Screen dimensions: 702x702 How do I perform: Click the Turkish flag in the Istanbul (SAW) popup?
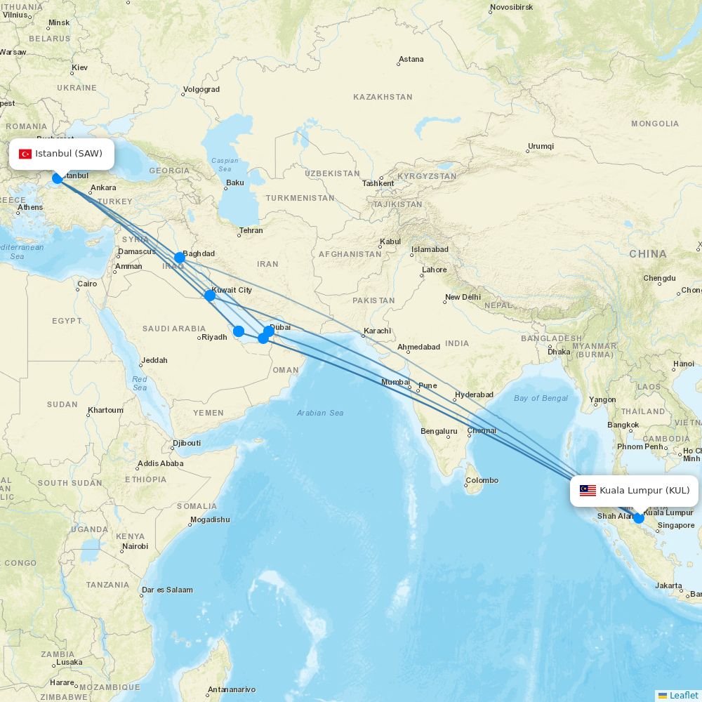click(x=25, y=154)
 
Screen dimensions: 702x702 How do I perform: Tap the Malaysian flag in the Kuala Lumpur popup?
click(x=588, y=491)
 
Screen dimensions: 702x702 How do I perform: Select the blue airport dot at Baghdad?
click(x=180, y=258)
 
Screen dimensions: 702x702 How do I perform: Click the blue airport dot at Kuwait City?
click(x=210, y=296)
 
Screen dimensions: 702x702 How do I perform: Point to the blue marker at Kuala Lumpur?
click(x=638, y=518)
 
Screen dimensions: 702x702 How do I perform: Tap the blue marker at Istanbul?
click(x=58, y=178)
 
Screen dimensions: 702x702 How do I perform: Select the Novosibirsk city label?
click(x=511, y=8)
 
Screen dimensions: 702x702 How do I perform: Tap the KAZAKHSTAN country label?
click(x=383, y=97)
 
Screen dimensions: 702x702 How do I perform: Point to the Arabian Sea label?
click(x=320, y=413)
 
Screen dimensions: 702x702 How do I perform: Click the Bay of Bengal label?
click(x=541, y=398)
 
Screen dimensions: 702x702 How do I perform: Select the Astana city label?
click(x=411, y=59)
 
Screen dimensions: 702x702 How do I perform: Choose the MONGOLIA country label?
click(x=655, y=124)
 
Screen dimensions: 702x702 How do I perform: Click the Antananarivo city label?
click(x=231, y=689)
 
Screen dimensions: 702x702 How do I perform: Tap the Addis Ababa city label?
click(x=160, y=463)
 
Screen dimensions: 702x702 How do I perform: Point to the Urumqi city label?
click(x=541, y=146)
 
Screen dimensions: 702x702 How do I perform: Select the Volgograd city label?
click(x=201, y=89)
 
